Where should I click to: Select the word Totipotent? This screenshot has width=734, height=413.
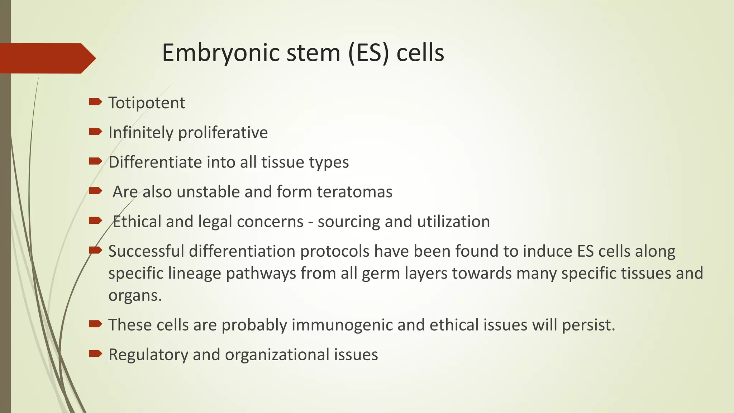click(147, 103)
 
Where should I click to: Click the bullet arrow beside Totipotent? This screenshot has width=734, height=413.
click(95, 102)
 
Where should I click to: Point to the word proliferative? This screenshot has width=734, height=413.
click(223, 133)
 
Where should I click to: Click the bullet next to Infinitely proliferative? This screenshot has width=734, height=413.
click(95, 132)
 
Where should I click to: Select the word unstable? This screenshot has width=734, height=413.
click(208, 192)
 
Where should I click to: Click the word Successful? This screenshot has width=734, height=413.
click(146, 251)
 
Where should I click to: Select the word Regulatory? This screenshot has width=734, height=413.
click(148, 355)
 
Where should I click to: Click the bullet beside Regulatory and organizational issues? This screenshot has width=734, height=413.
click(95, 354)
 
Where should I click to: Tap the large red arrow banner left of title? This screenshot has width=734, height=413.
click(47, 58)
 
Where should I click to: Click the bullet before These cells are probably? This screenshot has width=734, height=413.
click(95, 324)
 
